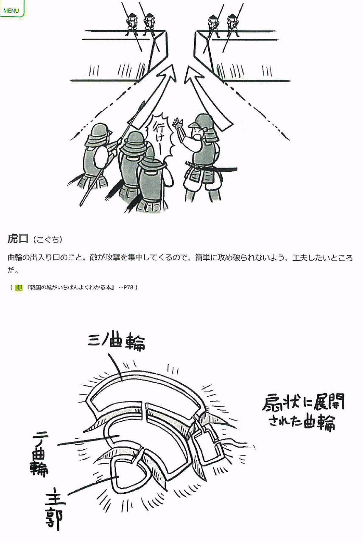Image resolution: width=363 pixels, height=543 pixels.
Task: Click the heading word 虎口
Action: click(x=18, y=239)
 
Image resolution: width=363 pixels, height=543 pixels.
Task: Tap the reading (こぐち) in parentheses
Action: click(x=48, y=240)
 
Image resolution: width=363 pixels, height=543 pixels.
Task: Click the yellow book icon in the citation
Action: click(x=19, y=288)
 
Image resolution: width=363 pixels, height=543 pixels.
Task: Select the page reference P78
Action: click(x=128, y=288)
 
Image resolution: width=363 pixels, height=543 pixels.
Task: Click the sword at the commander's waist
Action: click(x=211, y=167)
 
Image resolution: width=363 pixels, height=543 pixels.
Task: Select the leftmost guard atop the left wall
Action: click(x=132, y=25)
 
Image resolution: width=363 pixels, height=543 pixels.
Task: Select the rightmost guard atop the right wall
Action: click(x=233, y=25)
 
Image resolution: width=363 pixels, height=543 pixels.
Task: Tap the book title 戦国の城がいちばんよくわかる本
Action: click(x=71, y=288)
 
